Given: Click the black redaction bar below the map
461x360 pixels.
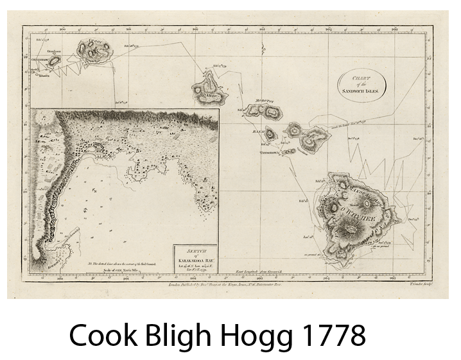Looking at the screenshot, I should coord(218,337).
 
